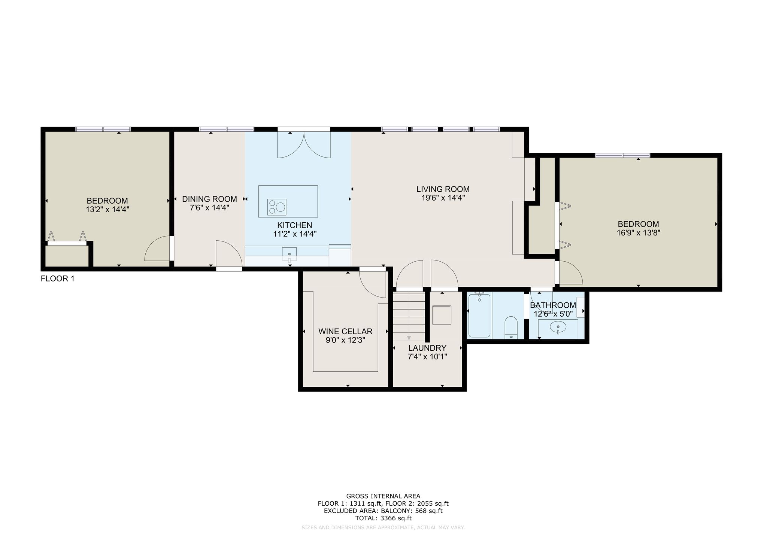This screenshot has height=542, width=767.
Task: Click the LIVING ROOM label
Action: pos(443,189)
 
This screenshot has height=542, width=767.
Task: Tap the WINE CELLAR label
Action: pos(345,331)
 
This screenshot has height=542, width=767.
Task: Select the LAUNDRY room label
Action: pos(427,348)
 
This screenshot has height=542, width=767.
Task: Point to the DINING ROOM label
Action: pos(209,199)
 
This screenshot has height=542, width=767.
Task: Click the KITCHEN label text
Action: pos(294,225)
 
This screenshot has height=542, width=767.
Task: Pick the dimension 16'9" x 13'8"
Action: pos(638,232)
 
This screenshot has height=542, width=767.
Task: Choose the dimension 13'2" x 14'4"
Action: pos(107,209)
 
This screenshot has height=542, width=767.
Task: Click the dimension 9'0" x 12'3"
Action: pos(345,340)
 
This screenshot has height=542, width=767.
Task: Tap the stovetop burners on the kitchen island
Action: pos(277,207)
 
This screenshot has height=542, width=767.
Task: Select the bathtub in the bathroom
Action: pos(479,315)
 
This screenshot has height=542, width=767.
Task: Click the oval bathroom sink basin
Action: pos(558,327)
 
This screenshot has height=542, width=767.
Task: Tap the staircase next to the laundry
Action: pos(409,316)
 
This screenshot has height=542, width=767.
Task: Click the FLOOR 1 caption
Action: pos(58,278)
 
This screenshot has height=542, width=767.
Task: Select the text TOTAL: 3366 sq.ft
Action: pos(383,518)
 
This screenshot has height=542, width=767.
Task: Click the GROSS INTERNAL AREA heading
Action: pos(383,496)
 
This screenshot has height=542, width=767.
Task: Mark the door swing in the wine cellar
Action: pos(373,284)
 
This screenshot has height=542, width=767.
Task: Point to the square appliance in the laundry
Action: pos(442,315)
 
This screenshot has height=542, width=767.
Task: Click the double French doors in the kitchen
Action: pos(304,144)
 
